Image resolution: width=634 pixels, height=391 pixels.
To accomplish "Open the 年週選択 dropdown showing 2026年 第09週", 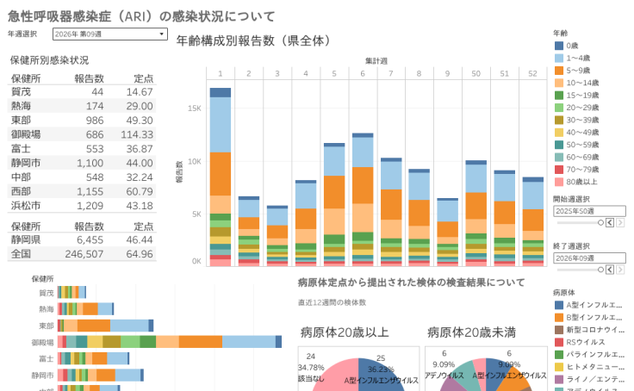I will [x=109, y=34].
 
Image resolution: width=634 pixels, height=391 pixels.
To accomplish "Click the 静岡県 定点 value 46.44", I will [x=140, y=240].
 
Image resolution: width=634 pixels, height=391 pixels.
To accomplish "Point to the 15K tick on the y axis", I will [x=194, y=109].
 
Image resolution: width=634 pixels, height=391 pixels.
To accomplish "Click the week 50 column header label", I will [x=475, y=73].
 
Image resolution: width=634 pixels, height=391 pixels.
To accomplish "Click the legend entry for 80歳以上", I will [x=583, y=182].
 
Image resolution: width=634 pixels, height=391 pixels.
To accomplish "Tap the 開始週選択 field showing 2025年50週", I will [x=587, y=210].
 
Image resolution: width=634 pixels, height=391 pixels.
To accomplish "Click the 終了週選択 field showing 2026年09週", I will [x=587, y=258].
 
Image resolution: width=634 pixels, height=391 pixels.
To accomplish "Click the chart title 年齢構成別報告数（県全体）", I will [x=253, y=40].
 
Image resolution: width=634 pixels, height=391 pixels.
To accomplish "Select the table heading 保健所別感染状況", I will [x=49, y=60].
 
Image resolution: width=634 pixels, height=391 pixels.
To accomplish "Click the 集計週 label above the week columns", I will [x=376, y=61].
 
